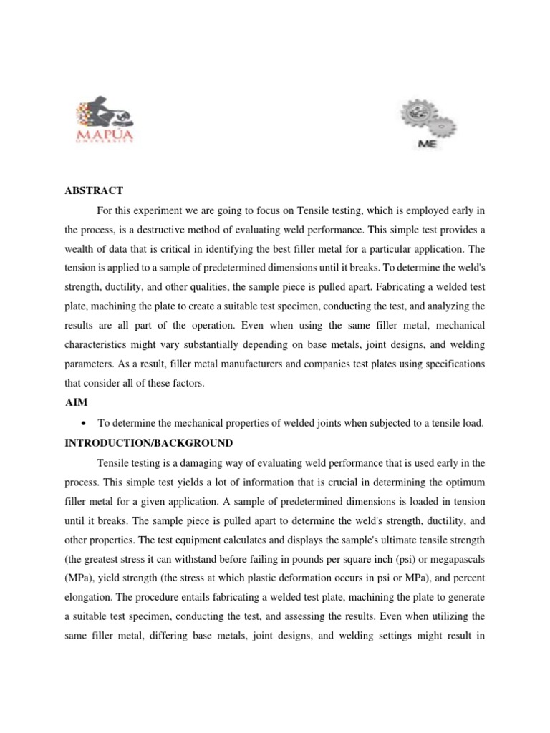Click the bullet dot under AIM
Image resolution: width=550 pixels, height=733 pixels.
click(x=85, y=424)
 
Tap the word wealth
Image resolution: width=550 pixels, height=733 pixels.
click(x=81, y=249)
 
